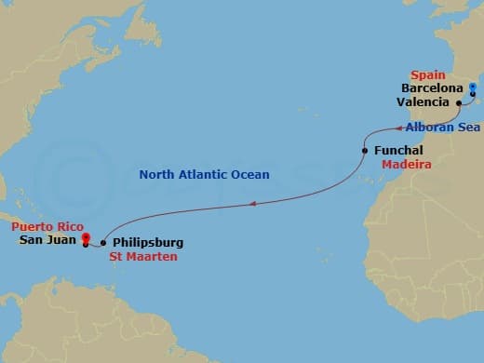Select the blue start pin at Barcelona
[x=473, y=90]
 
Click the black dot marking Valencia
[x=459, y=102]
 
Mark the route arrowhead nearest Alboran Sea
[x=398, y=128]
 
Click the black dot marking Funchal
[x=364, y=150]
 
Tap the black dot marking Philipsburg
[x=102, y=243]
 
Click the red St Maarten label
[x=142, y=257]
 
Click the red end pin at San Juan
[x=85, y=238]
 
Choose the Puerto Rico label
[x=47, y=226]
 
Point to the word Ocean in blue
[x=250, y=174]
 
